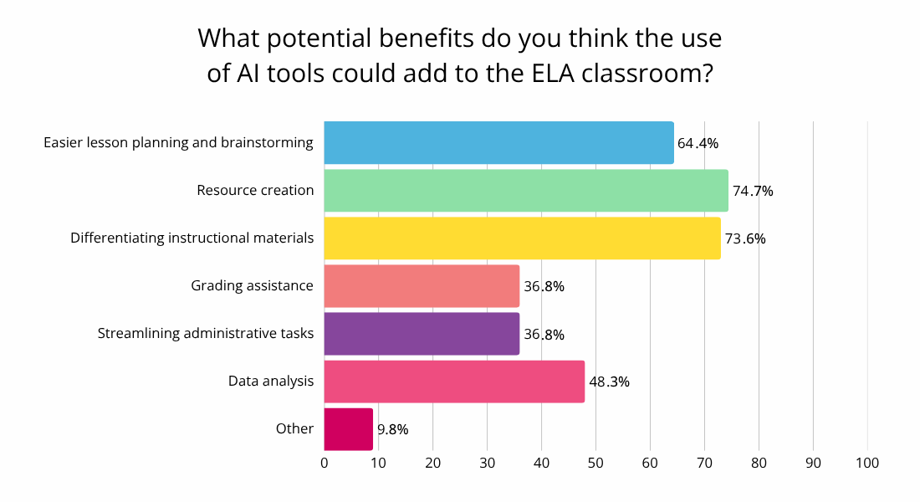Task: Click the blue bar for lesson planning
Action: coord(498,142)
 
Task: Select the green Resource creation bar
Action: coord(525,190)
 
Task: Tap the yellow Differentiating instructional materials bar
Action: coord(522,238)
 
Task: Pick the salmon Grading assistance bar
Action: coord(422,285)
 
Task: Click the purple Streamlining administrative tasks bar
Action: coord(422,333)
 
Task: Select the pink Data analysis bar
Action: coord(454,381)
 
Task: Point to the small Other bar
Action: coord(348,428)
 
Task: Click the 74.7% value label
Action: coord(753,191)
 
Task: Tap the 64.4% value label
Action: coord(698,143)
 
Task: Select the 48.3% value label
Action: coord(609,382)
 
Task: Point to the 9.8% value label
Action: coord(393,429)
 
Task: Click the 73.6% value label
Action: coord(745,238)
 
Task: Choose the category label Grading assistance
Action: coord(252,285)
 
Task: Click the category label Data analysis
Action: coord(271,381)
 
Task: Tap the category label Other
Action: coord(294,428)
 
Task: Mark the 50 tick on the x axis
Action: coord(595,463)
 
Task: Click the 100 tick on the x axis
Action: coord(867,463)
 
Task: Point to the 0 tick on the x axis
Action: coord(325,463)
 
